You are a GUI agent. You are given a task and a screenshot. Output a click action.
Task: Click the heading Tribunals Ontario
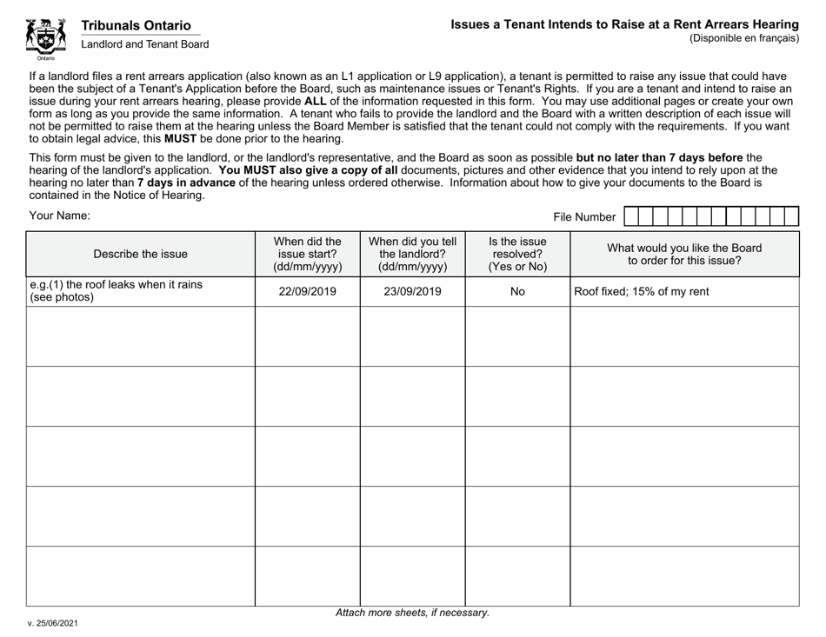[137, 27]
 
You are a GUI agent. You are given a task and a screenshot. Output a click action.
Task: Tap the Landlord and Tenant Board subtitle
[145, 44]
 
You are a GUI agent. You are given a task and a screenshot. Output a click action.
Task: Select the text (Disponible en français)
[743, 38]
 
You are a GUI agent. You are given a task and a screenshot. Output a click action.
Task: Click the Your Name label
[59, 216]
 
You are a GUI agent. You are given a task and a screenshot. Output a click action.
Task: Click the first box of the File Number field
[631, 217]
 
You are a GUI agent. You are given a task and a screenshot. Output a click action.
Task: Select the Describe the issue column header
[140, 255]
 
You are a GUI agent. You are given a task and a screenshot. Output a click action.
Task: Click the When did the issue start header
[307, 255]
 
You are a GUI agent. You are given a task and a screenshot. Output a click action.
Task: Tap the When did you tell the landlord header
[412, 255]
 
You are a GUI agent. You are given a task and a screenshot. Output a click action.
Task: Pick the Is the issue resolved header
[517, 255]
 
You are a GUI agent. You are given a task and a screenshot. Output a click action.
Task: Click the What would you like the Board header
[683, 254]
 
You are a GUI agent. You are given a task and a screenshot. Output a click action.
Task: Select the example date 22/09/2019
[307, 292]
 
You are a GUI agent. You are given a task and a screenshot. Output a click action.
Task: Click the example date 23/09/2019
[412, 292]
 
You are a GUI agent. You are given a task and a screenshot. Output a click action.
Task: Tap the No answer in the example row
[517, 292]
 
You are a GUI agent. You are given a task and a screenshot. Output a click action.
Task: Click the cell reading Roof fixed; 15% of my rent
[640, 292]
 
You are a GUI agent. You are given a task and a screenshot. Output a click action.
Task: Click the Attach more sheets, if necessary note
[412, 613]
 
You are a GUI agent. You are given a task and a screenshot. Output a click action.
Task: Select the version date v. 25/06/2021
[57, 623]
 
